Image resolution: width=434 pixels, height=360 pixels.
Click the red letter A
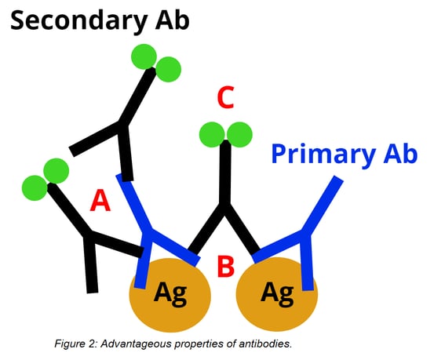(x=100, y=202)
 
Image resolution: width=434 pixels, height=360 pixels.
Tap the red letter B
(x=225, y=266)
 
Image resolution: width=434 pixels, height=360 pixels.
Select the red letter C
(x=226, y=97)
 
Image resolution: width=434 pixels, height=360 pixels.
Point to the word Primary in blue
(x=323, y=155)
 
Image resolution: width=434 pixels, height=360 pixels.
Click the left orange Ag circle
(x=170, y=295)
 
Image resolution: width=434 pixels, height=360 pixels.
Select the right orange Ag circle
(x=277, y=294)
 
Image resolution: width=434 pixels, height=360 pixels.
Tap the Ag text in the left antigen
(x=170, y=294)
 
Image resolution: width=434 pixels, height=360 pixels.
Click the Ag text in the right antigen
(x=277, y=294)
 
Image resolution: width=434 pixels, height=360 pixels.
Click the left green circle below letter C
(x=212, y=134)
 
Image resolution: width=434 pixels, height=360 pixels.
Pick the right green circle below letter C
(x=239, y=134)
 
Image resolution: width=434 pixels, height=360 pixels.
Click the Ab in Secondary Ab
(x=172, y=20)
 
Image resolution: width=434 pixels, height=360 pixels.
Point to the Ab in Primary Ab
(x=400, y=154)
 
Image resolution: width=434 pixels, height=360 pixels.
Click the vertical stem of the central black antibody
(x=225, y=173)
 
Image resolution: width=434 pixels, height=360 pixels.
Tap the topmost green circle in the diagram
(x=144, y=56)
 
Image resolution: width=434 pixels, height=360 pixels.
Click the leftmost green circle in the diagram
(x=35, y=188)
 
